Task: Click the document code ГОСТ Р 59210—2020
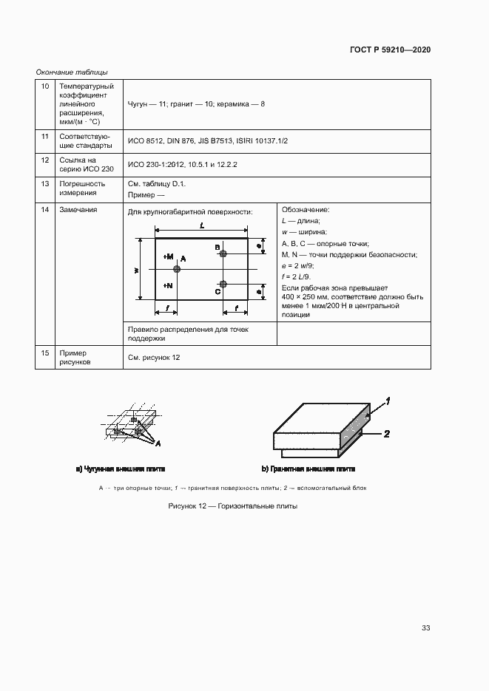[390, 50]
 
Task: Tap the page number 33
[425, 628]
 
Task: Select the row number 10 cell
[45, 86]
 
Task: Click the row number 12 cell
[45, 160]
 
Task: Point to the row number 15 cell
[45, 353]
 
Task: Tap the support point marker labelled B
[223, 253]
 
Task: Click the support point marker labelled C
[223, 285]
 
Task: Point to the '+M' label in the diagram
[168, 256]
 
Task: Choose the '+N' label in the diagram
[168, 285]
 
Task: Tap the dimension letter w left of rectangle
[137, 270]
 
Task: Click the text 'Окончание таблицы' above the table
[72, 72]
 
